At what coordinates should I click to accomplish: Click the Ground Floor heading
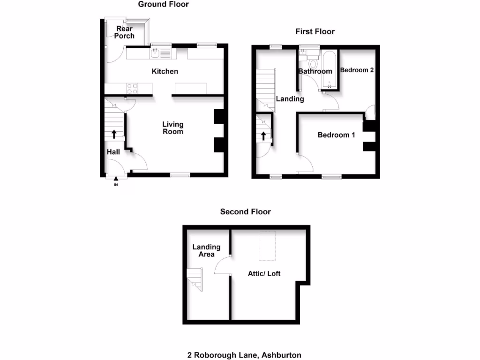tap(163, 4)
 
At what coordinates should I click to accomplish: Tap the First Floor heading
tap(315, 31)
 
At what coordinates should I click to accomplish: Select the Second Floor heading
tap(245, 211)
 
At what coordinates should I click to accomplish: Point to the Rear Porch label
tap(125, 32)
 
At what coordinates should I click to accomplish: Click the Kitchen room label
tap(165, 71)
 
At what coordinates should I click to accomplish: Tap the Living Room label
tap(173, 127)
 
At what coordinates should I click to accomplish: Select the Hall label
tap(113, 152)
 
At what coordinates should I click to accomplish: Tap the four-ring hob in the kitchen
tap(133, 88)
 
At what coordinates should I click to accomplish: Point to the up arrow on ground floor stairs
tap(114, 134)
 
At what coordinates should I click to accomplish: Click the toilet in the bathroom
tap(314, 63)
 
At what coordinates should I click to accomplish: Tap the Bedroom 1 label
tap(336, 135)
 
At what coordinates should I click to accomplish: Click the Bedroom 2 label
tap(357, 70)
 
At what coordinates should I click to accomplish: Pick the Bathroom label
tap(315, 71)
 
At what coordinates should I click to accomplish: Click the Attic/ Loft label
tap(264, 273)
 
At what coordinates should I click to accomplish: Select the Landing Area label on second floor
tap(206, 250)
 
